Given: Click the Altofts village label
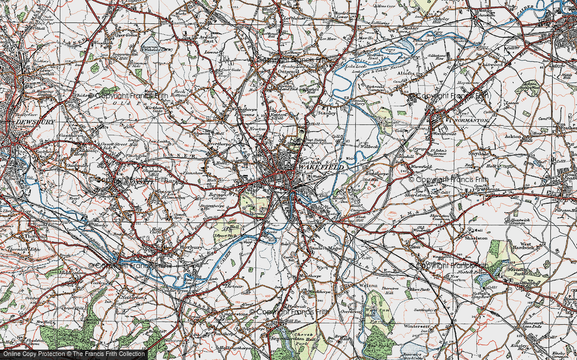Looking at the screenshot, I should (x=407, y=73).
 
